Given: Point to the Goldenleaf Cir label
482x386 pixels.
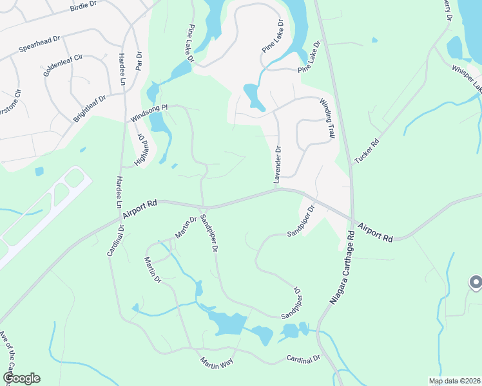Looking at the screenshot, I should tap(63, 62).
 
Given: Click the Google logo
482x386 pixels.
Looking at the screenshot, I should tap(21, 378).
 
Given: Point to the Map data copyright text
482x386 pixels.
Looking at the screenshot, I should tap(454, 381).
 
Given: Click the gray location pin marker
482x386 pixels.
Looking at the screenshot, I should tap(476, 282).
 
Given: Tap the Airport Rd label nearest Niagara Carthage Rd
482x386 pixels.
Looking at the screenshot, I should tap(376, 232).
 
